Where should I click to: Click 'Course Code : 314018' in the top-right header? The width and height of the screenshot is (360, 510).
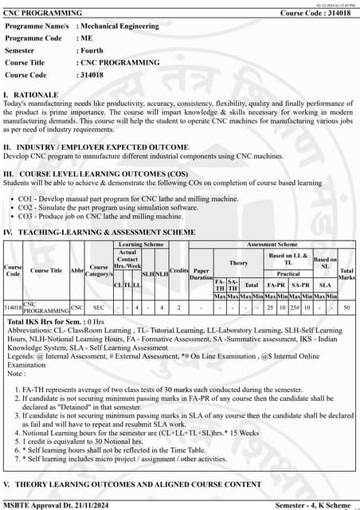click(314, 13)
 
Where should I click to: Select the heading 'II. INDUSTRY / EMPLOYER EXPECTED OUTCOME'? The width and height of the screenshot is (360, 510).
click(96, 147)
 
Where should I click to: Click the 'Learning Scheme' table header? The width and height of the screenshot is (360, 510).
click(142, 245)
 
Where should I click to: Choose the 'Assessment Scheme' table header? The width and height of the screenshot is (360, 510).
click(272, 245)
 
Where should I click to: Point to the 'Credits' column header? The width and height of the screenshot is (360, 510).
click(179, 271)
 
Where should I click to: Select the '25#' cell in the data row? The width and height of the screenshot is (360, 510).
click(294, 307)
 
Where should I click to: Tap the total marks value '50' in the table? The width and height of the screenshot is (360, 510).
click(346, 307)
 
